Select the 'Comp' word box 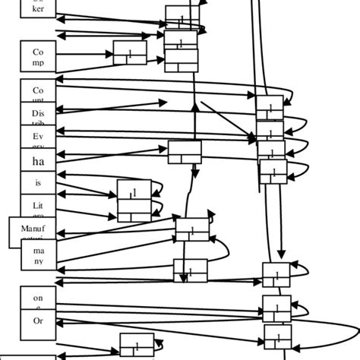(x=38, y=56)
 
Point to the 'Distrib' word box (x=38, y=115)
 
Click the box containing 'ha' (x=38, y=161)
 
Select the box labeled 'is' (x=38, y=183)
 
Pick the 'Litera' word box (x=38, y=206)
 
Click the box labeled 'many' (x=38, y=254)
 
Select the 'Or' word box (x=38, y=321)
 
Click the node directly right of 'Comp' (x=130, y=52)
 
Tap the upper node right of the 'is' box (x=134, y=191)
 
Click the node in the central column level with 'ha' (x=185, y=152)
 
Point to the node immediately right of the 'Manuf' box (x=192, y=229)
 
